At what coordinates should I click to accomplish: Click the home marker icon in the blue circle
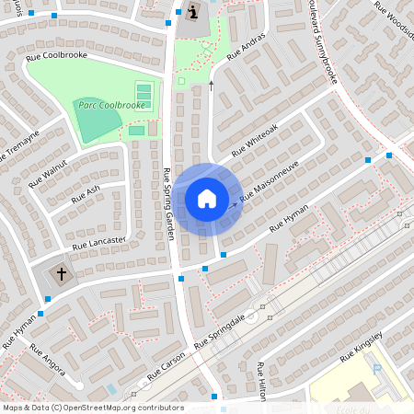tap(207, 199)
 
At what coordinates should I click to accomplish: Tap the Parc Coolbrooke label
tap(111, 105)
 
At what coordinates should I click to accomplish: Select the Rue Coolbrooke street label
tap(57, 55)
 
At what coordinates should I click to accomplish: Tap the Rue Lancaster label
tap(98, 241)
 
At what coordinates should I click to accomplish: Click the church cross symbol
tap(63, 273)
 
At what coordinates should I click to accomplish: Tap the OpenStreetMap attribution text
tap(93, 408)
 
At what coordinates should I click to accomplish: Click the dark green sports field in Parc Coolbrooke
tap(97, 121)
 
